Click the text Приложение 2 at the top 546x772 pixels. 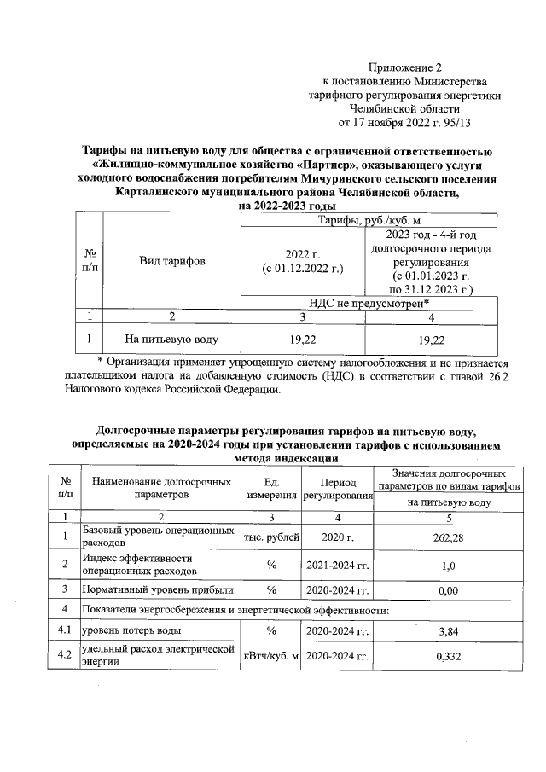[x=405, y=67]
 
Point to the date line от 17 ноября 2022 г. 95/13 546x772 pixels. [x=405, y=122]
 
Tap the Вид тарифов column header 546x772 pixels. [x=171, y=261]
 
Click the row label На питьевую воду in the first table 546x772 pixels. [x=171, y=340]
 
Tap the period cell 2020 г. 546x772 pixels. [x=337, y=537]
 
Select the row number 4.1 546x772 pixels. [x=63, y=630]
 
